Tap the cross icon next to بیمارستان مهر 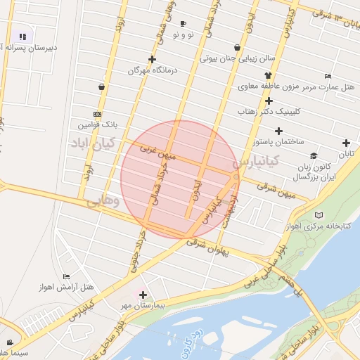coord(144,295)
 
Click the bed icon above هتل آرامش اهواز coord(67,276)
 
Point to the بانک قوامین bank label coord(95,125)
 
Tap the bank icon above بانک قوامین coord(97,114)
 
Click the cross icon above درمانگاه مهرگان coord(152,59)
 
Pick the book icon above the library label coord(320,214)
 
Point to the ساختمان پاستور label coord(279,141)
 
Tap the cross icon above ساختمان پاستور coord(279,131)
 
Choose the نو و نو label coord(183,34)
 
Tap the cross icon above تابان coord(346,143)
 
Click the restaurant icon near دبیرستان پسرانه coord(22,36)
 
